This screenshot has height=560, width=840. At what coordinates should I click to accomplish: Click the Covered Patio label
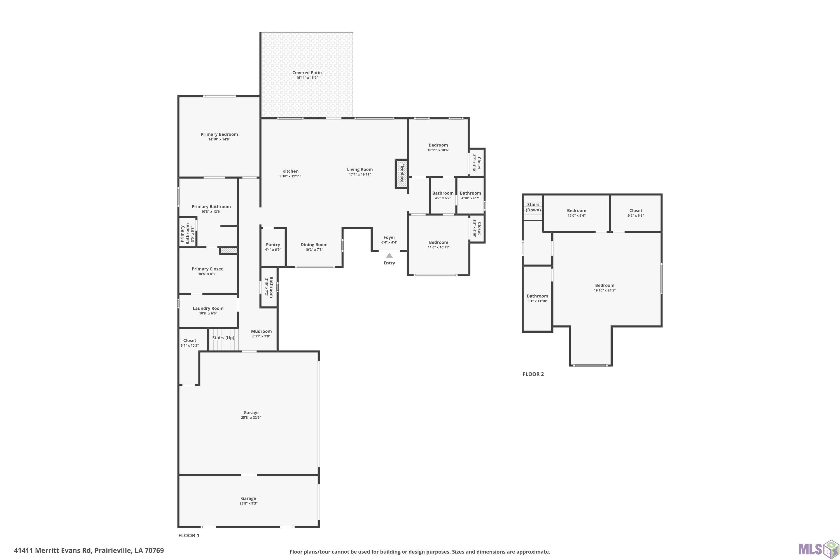pyautogui.click(x=307, y=73)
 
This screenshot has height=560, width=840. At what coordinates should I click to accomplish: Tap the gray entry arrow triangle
pyautogui.click(x=389, y=255)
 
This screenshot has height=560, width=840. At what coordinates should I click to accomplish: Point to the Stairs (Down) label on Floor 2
pyautogui.click(x=533, y=207)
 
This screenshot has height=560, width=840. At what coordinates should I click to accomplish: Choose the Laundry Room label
pyautogui.click(x=208, y=308)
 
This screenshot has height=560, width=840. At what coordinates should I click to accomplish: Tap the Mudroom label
pyautogui.click(x=262, y=331)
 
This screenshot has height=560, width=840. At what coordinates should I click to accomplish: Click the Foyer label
pyautogui.click(x=389, y=237)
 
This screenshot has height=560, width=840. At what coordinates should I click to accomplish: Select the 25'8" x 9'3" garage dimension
pyautogui.click(x=249, y=503)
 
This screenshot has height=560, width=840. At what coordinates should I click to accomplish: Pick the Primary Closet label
pyautogui.click(x=207, y=269)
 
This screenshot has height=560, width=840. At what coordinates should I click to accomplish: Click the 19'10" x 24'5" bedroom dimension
pyautogui.click(x=605, y=290)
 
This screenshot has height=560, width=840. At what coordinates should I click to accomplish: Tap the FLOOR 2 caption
pyautogui.click(x=533, y=374)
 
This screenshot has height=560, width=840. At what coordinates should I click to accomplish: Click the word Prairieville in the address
pyautogui.click(x=113, y=550)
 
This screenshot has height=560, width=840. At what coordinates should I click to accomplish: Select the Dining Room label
pyautogui.click(x=314, y=245)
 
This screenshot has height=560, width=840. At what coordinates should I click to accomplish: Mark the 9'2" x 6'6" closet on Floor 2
pyautogui.click(x=636, y=213)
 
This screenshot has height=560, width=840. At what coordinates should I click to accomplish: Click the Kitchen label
pyautogui.click(x=290, y=171)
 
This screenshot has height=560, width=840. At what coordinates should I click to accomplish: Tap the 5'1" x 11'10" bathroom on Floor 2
pyautogui.click(x=538, y=298)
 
